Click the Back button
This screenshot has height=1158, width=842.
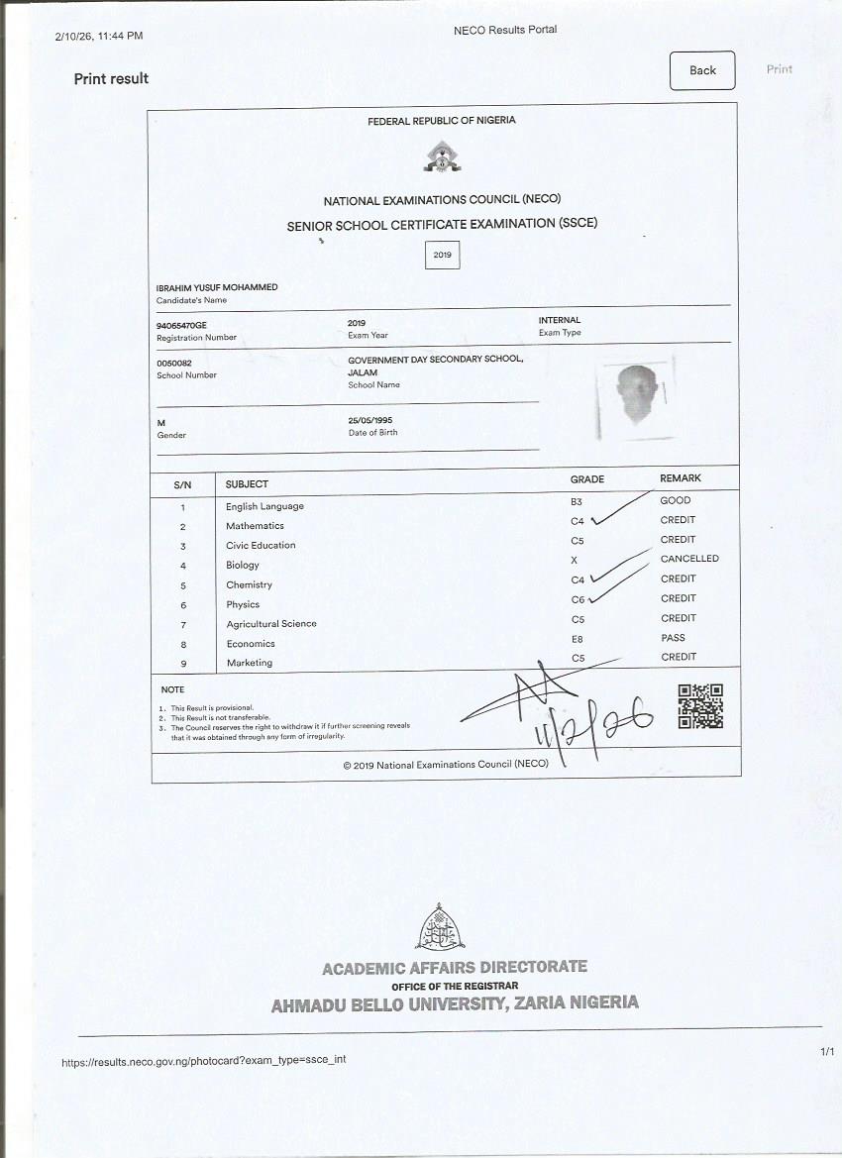tap(702, 70)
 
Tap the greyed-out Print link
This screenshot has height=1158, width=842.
tap(780, 69)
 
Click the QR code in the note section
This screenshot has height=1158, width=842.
tap(699, 706)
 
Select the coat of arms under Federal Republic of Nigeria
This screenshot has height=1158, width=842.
tap(441, 157)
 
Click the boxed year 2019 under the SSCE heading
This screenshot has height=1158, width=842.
tap(442, 255)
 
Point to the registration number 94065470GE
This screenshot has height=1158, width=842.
tap(182, 325)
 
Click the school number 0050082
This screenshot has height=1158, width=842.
tap(173, 364)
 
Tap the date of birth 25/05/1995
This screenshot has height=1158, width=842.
tap(371, 420)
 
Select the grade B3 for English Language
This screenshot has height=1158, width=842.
tap(577, 502)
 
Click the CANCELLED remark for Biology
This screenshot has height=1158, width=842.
tap(689, 559)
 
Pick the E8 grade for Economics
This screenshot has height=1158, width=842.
tap(578, 639)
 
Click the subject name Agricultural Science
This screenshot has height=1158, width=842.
tap(271, 624)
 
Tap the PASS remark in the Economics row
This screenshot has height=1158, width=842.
tap(673, 638)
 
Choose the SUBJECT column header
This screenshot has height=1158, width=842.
tap(247, 484)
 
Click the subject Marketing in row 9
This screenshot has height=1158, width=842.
tap(250, 663)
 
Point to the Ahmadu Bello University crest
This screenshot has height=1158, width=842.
tap(440, 926)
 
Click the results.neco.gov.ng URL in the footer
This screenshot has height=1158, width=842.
tap(204, 1060)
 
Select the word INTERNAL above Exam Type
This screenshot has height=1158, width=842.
tap(560, 320)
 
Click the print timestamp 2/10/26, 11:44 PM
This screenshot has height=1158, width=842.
tap(99, 36)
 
